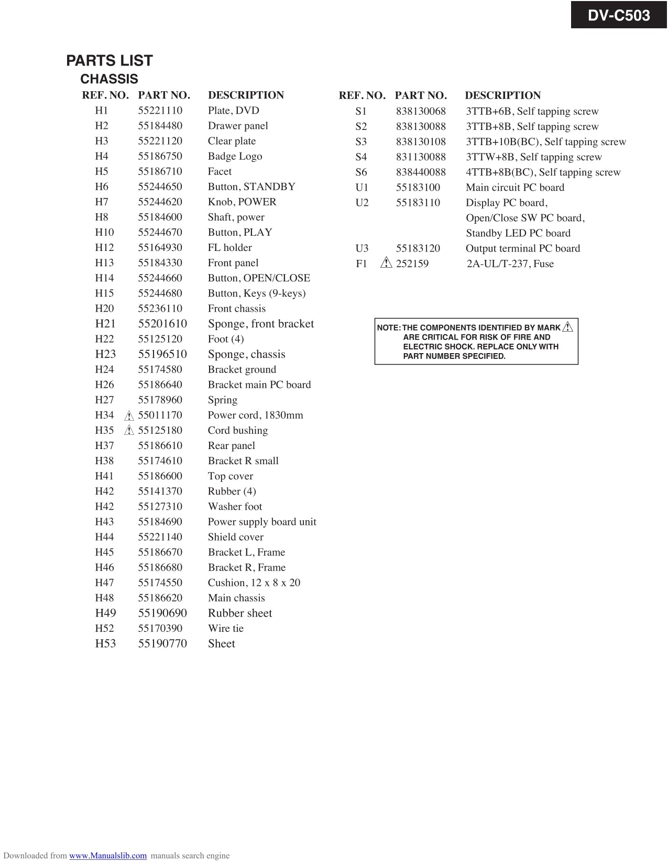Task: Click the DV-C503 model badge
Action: (x=618, y=15)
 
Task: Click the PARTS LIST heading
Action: (x=109, y=61)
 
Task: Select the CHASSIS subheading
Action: (x=109, y=79)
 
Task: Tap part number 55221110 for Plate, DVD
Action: (x=160, y=111)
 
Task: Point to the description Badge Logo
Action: (x=235, y=156)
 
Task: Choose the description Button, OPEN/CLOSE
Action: (x=259, y=278)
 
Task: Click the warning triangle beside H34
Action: (x=129, y=416)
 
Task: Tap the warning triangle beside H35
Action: (x=129, y=431)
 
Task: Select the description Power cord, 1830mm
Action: (x=255, y=415)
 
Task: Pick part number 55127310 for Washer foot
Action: (x=160, y=506)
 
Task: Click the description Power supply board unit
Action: (x=262, y=521)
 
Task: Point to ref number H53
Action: (x=105, y=643)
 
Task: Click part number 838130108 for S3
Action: (x=421, y=141)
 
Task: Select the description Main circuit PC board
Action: (x=515, y=187)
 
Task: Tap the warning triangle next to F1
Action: (x=387, y=263)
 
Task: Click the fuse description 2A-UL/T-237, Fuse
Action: (x=510, y=264)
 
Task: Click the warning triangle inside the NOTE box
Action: (x=568, y=327)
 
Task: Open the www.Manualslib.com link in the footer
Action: (x=108, y=856)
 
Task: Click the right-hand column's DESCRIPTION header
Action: (x=502, y=95)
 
